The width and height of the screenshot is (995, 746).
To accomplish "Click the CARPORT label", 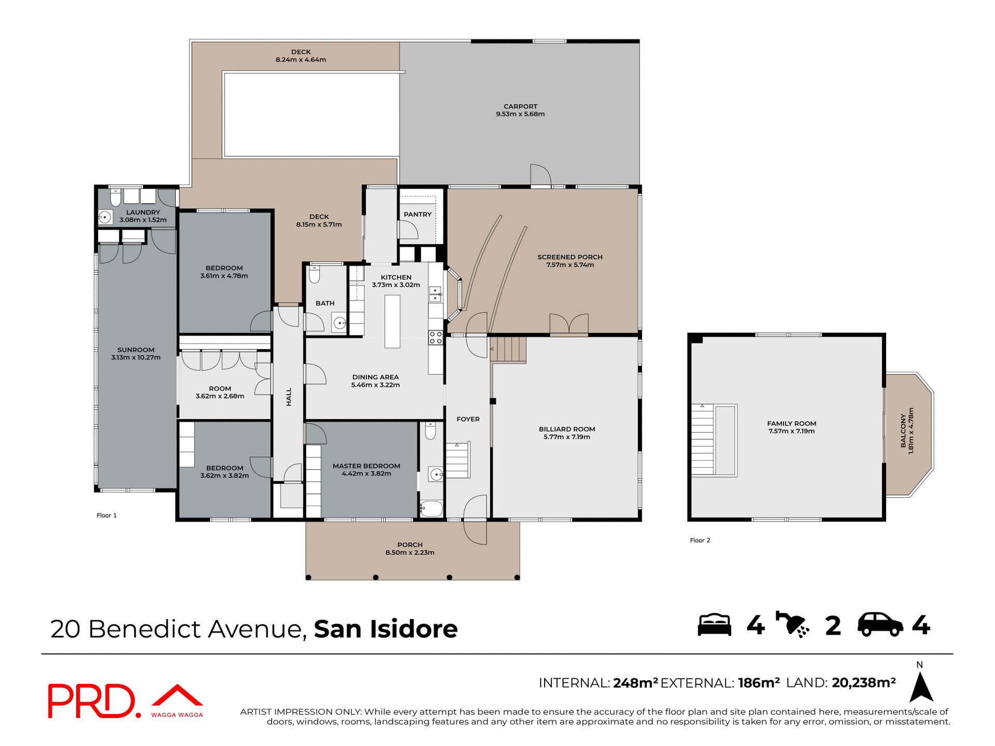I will [x=520, y=106].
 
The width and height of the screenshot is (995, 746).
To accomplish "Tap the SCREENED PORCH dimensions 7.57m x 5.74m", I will [x=570, y=265].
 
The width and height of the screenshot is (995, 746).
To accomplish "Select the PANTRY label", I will [x=417, y=214].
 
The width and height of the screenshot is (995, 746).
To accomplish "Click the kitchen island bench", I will [x=392, y=321].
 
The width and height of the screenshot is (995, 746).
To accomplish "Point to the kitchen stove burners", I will [x=435, y=338].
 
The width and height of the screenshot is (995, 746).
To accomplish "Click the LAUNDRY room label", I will [x=143, y=212].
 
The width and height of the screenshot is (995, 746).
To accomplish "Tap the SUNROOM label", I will [x=136, y=350].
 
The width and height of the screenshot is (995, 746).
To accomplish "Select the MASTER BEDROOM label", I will [x=366, y=466].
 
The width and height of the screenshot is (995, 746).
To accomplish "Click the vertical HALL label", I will [x=289, y=397].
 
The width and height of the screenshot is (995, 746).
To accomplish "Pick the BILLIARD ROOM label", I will [x=566, y=429].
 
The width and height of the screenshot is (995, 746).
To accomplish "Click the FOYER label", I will [x=468, y=419].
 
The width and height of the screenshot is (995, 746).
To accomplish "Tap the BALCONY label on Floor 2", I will [x=903, y=431].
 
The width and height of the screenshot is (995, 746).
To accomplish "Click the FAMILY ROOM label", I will [x=791, y=423].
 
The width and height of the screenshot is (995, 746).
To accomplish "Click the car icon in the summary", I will [x=880, y=625].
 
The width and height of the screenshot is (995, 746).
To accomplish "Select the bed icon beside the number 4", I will [x=714, y=625].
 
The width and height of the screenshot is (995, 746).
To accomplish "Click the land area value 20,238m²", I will [x=863, y=683].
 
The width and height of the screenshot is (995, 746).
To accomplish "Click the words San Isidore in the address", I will [x=386, y=629].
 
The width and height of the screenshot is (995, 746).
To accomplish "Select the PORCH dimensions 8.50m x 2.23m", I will [x=409, y=553].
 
